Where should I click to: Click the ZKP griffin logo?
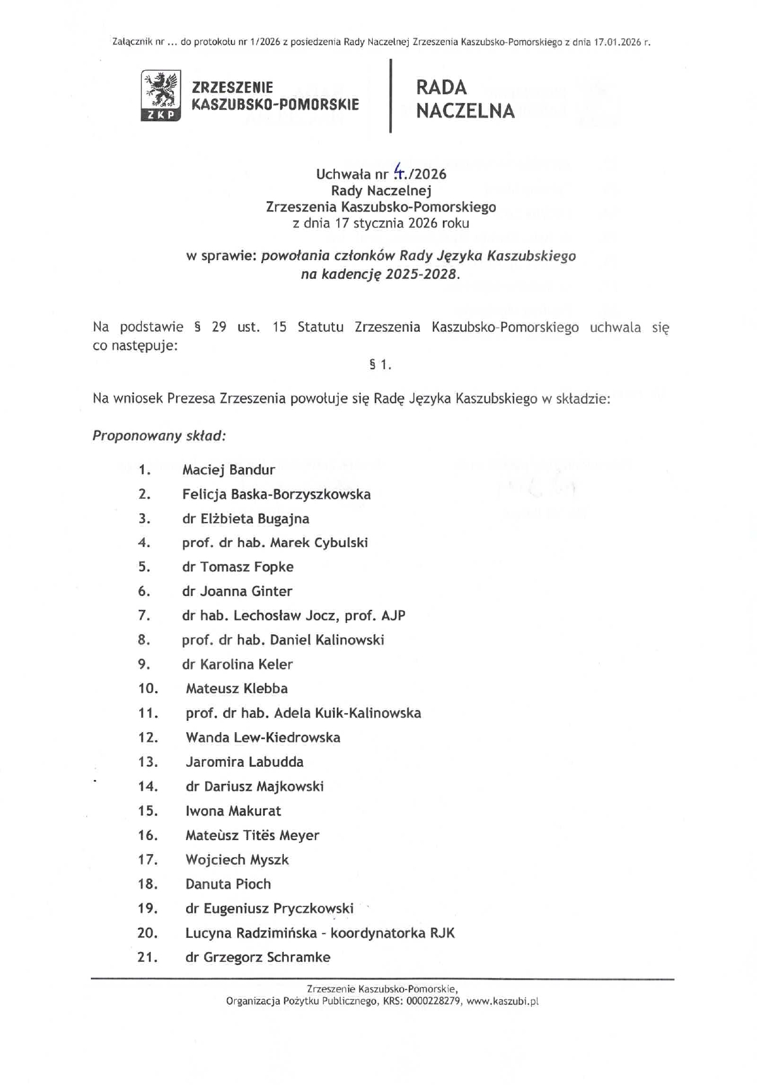pyautogui.click(x=160, y=95)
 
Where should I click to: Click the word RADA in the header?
pyautogui.click(x=442, y=87)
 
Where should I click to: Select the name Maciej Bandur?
pyautogui.click(x=228, y=470)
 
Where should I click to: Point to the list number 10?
pyautogui.click(x=148, y=689)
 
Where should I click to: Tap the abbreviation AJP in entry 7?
pyautogui.click(x=394, y=615)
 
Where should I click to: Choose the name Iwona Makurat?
pyautogui.click(x=233, y=811)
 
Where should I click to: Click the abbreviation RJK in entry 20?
pyautogui.click(x=442, y=933)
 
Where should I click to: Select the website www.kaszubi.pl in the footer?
pyautogui.click(x=502, y=1002)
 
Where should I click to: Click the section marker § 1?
pyautogui.click(x=380, y=364)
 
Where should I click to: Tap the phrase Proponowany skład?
pyautogui.click(x=159, y=436)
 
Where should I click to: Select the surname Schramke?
pyautogui.click(x=298, y=958)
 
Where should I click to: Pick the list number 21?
pyautogui.click(x=147, y=958)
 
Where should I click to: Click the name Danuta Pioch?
pyautogui.click(x=228, y=884)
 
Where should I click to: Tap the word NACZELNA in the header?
pyautogui.click(x=466, y=111)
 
